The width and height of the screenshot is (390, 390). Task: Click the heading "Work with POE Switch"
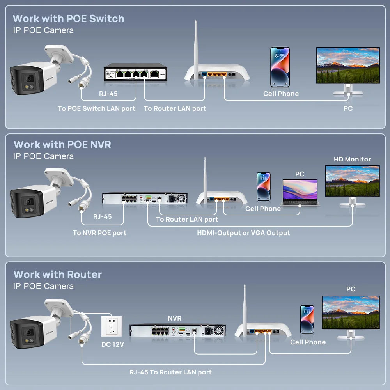(68, 19)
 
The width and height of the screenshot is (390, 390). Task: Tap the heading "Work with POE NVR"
(62, 145)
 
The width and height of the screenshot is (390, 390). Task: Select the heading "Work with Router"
(57, 275)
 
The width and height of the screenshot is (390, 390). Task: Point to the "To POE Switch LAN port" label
(96, 109)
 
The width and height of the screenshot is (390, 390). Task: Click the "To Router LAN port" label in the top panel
(175, 109)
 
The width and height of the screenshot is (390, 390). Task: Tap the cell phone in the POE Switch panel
(280, 67)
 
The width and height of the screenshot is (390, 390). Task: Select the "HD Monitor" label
(352, 159)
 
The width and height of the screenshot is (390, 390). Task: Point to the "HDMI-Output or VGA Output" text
(243, 233)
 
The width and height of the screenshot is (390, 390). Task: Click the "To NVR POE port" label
(99, 233)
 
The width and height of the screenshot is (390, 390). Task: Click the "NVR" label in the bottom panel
(174, 319)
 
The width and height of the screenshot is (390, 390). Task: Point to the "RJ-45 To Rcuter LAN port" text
(170, 372)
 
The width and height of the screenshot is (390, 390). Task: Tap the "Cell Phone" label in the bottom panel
(308, 342)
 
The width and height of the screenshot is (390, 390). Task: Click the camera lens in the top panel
(28, 77)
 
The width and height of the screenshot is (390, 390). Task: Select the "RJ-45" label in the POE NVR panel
(102, 216)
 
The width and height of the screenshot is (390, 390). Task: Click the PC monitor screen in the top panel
(348, 65)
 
